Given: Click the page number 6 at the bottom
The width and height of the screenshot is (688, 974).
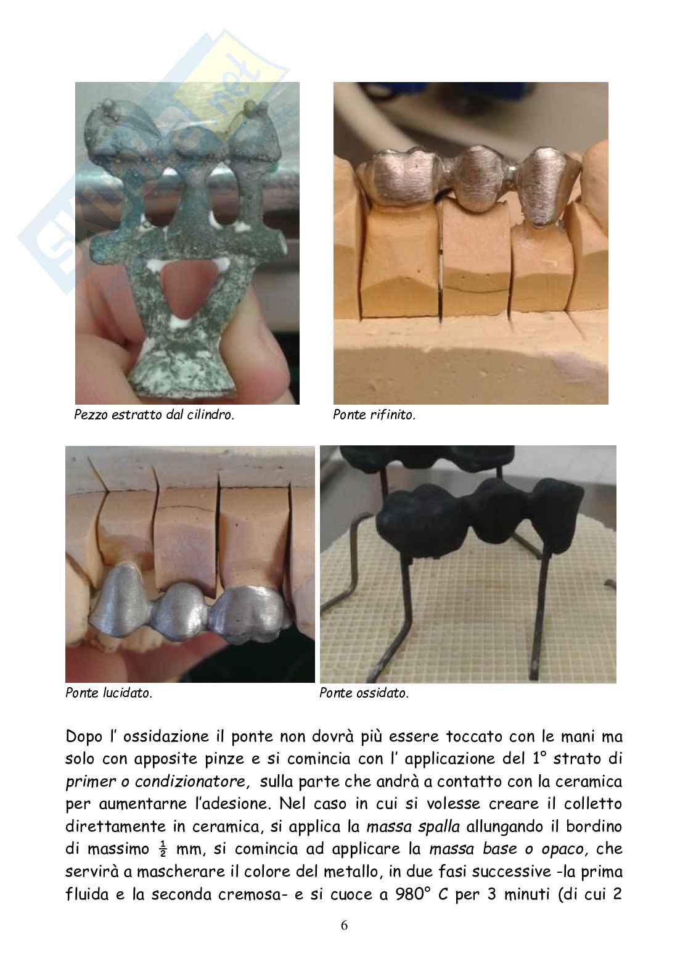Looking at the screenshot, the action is [344, 925].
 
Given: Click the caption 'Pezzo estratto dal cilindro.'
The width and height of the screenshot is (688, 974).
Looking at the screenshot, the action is [154, 415].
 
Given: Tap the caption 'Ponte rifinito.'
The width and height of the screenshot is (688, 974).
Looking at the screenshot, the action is [374, 415].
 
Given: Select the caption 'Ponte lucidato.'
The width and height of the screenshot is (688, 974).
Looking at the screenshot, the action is [109, 693].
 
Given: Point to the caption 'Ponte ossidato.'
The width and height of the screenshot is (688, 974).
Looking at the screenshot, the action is [364, 693].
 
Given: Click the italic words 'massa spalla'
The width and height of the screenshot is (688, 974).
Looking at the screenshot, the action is [413, 827].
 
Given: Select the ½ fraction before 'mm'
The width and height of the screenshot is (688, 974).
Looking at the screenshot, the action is [163, 849].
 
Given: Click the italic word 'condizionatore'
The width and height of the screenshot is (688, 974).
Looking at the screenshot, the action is [192, 782].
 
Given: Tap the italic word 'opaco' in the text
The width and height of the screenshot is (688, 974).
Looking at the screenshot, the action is [565, 849].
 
